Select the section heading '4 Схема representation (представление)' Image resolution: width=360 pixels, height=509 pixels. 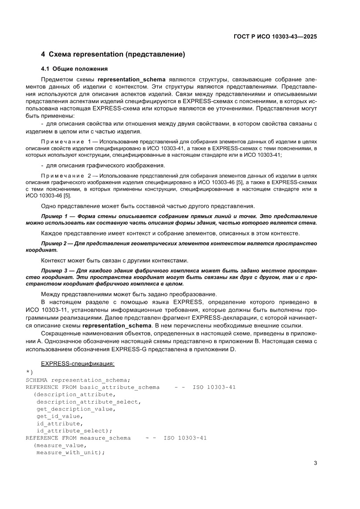pyautogui.click(x=113, y=54)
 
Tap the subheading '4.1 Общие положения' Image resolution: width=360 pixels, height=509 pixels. pyautogui.click(x=74, y=69)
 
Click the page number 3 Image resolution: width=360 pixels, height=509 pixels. pyautogui.click(x=315, y=463)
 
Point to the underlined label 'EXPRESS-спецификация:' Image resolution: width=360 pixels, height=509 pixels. pyautogui.click(x=77, y=363)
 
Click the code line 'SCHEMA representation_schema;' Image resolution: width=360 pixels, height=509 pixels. pyautogui.click(x=78, y=380)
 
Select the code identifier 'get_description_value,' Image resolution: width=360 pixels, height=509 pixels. pyautogui.click(x=76, y=409)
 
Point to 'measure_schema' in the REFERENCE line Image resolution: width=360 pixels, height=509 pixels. pyautogui.click(x=105, y=438)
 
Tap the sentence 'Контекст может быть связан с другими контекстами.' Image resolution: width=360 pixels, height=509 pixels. pyautogui.click(x=114, y=261)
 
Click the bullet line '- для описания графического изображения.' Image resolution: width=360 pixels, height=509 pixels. pyautogui.click(x=103, y=165)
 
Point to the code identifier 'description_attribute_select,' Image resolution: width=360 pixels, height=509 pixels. pyautogui.click(x=88, y=401)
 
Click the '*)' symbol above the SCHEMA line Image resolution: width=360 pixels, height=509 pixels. pyautogui.click(x=29, y=372)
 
